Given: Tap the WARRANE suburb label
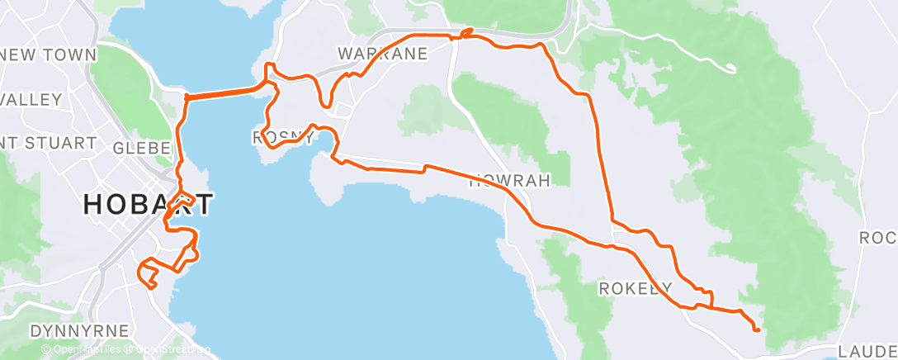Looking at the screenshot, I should (382, 54).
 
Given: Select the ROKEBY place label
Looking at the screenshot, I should (636, 287).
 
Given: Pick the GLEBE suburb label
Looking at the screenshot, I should (141, 147).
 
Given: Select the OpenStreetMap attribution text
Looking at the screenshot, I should (169, 350).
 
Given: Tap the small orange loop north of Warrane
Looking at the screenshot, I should (466, 33).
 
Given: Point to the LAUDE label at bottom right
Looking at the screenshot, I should (871, 350).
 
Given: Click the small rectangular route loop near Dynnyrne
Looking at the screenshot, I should (149, 272).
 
